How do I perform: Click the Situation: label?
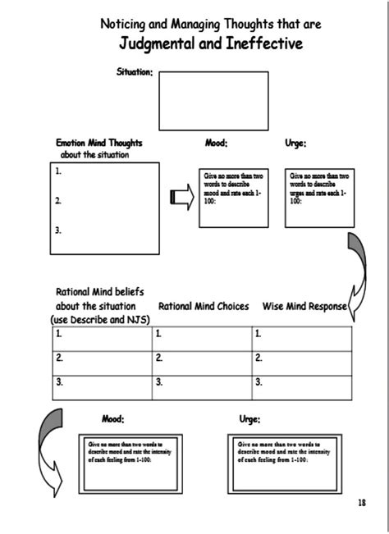pyautogui.click(x=135, y=73)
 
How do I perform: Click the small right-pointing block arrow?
pyautogui.click(x=179, y=198)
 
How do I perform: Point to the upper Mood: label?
pyautogui.click(x=216, y=143)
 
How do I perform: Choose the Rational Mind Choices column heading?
pyautogui.click(x=204, y=306)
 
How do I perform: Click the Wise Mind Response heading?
pyautogui.click(x=304, y=306)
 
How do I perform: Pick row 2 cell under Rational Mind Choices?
pyautogui.click(x=201, y=358)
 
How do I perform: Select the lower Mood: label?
pyautogui.click(x=112, y=419)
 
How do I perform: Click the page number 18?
pyautogui.click(x=362, y=502)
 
